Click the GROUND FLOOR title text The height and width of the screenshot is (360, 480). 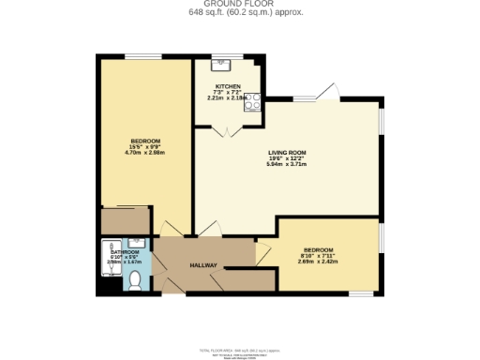[x=239, y=4]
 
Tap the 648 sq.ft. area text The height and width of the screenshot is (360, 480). [x=239, y=12]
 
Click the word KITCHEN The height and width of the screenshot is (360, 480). [x=228, y=85]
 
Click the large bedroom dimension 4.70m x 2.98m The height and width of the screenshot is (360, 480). [x=144, y=153]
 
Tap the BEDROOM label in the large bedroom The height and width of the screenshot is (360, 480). [x=144, y=140]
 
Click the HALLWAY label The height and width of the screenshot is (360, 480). [x=203, y=265]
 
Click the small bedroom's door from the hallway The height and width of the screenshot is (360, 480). [x=263, y=249]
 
